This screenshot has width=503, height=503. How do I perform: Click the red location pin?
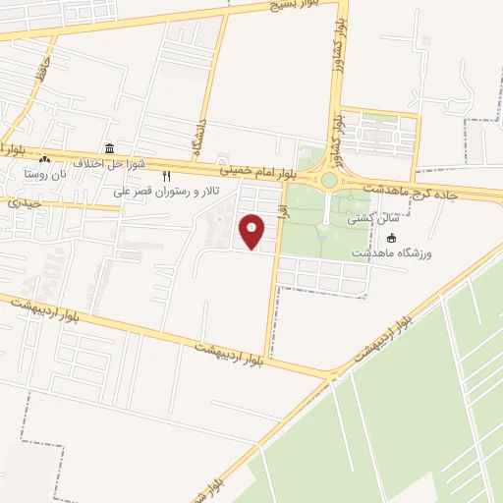[x=253, y=231]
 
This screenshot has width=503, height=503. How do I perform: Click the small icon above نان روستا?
[x=44, y=159]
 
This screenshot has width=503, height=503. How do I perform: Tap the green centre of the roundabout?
[x=329, y=181]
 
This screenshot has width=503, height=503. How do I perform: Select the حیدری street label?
[x=25, y=203]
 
